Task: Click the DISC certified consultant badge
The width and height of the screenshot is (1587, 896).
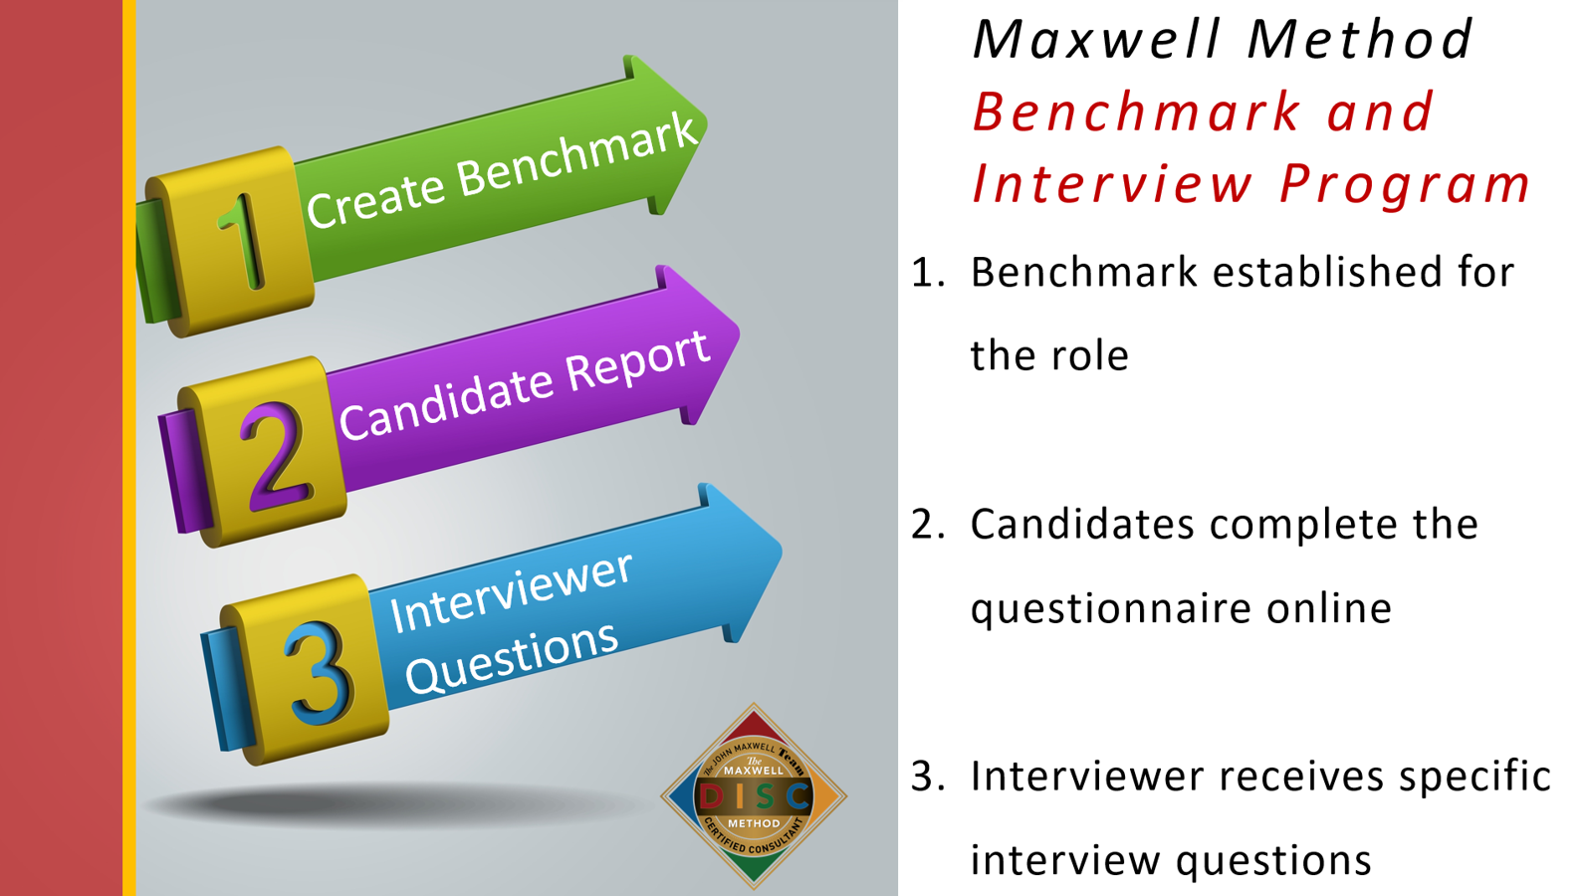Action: click(x=754, y=795)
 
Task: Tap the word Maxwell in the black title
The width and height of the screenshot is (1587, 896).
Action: click(x=1096, y=40)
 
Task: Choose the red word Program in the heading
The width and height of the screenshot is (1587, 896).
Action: click(x=1405, y=184)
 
